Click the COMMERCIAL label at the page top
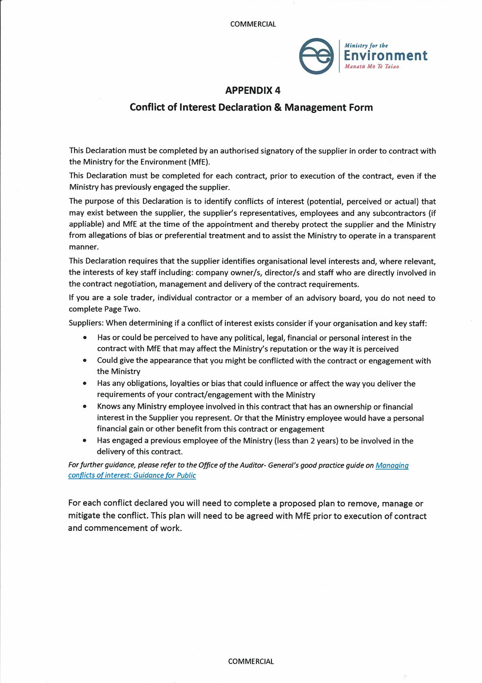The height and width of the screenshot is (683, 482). (x=253, y=24)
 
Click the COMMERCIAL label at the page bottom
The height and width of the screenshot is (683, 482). (x=251, y=661)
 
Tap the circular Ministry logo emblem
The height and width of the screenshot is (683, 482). (x=316, y=56)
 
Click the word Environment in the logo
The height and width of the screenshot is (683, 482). (x=386, y=56)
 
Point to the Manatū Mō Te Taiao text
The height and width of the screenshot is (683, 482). (x=371, y=67)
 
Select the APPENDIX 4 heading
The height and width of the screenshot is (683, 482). (x=253, y=91)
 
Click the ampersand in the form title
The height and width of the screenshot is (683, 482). (x=278, y=107)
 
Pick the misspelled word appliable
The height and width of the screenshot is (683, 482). (x=85, y=224)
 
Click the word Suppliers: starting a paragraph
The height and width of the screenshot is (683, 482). (x=86, y=323)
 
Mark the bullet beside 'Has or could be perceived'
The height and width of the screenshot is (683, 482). (x=85, y=338)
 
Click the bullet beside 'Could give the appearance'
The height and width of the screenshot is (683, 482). (x=85, y=361)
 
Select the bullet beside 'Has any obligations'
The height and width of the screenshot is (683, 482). (x=85, y=383)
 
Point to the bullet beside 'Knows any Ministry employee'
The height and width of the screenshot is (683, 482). (x=85, y=407)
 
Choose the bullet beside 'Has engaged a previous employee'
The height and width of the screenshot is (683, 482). (x=85, y=441)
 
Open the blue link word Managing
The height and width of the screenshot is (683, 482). (x=392, y=465)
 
